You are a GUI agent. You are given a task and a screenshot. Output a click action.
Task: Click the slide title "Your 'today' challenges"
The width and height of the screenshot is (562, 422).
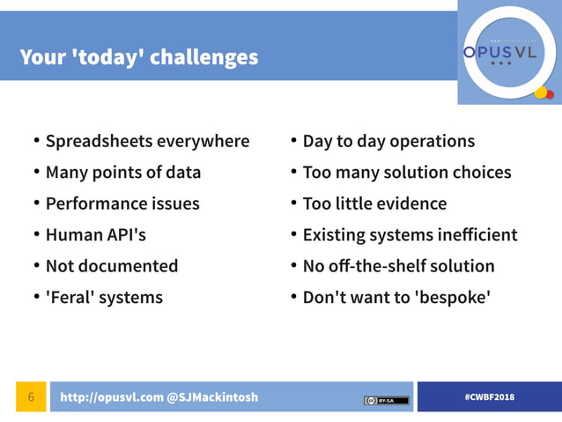pyautogui.click(x=139, y=58)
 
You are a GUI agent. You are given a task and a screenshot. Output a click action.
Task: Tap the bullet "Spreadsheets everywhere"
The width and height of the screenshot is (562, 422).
pyautogui.click(x=147, y=141)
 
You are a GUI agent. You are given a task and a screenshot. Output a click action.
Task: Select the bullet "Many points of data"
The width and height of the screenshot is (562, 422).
pyautogui.click(x=123, y=173)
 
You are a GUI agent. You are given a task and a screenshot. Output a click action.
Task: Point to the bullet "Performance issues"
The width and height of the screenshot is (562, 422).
pyautogui.click(x=122, y=204)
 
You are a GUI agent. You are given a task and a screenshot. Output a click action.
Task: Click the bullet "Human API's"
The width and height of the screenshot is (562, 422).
pyautogui.click(x=96, y=235)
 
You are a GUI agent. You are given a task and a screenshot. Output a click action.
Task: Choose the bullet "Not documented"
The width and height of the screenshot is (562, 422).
pyautogui.click(x=112, y=266)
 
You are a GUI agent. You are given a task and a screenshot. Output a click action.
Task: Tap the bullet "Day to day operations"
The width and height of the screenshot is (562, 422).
pyautogui.click(x=388, y=141)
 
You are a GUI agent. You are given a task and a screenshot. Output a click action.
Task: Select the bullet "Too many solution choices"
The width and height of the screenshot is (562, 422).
pyautogui.click(x=406, y=173)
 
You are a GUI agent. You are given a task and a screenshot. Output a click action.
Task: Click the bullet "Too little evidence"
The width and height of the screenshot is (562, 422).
pyautogui.click(x=374, y=204)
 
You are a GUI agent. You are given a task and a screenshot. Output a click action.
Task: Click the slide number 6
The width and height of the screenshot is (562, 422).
pyautogui.click(x=31, y=397)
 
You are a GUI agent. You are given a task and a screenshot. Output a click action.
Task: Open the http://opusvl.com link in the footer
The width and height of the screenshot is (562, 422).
pyautogui.click(x=111, y=397)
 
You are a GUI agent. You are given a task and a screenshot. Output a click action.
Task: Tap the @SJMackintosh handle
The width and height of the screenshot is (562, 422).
pyautogui.click(x=212, y=397)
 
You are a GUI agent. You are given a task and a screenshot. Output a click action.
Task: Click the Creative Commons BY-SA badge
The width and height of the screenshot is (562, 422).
pyautogui.click(x=386, y=400)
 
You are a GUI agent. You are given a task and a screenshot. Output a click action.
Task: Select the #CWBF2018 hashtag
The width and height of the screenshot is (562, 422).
pyautogui.click(x=489, y=397)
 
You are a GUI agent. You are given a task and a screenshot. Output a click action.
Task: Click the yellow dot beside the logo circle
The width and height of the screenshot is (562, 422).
pyautogui.click(x=540, y=92)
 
